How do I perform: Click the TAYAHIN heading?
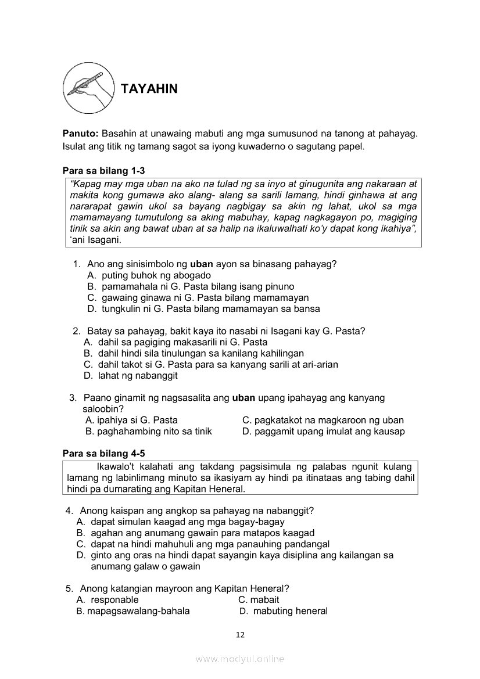click(149, 89)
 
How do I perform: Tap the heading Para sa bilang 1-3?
click(103, 171)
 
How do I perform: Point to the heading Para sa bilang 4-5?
click(103, 452)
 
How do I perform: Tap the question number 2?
click(76, 331)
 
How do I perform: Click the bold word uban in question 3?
click(243, 398)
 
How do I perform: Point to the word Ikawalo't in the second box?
click(117, 466)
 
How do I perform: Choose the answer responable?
click(114, 599)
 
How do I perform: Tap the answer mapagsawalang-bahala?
click(138, 611)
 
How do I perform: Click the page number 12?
click(241, 635)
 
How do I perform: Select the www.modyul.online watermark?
click(240, 659)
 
